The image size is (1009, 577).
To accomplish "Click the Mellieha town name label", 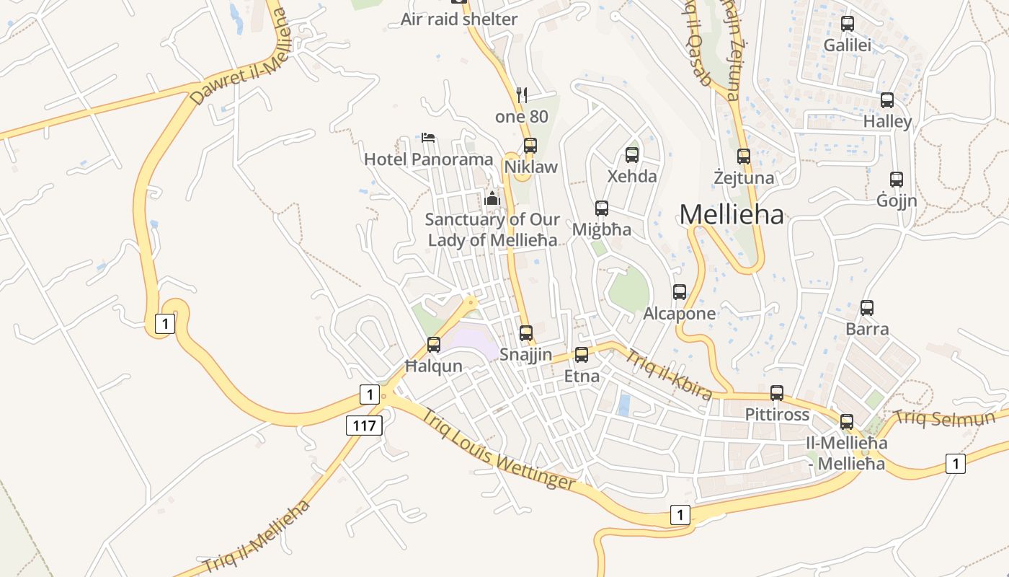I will tap(732, 214).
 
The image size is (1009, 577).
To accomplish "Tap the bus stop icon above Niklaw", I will tap(530, 146).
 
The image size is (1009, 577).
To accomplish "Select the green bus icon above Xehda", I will tap(632, 154).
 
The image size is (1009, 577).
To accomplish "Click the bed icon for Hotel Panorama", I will tap(428, 137).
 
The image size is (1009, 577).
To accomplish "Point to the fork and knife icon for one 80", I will tap(523, 94).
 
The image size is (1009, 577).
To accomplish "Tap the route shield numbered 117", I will tap(364, 426).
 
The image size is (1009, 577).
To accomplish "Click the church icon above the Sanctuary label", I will tap(493, 198).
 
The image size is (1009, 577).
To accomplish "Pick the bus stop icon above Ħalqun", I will tap(434, 345).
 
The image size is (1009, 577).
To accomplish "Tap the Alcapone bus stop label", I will tap(679, 314).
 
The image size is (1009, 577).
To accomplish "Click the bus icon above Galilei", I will tap(848, 24).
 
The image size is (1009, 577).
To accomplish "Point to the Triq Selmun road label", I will tap(944, 418).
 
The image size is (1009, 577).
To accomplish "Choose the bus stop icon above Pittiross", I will tap(777, 393).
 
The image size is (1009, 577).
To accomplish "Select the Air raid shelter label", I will tap(459, 19).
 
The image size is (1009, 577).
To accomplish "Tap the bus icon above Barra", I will tap(867, 308).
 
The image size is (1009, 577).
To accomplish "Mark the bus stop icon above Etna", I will tap(582, 354).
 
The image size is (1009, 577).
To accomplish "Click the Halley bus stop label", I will tap(887, 122).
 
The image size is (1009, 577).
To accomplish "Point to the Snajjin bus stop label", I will tap(526, 355).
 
